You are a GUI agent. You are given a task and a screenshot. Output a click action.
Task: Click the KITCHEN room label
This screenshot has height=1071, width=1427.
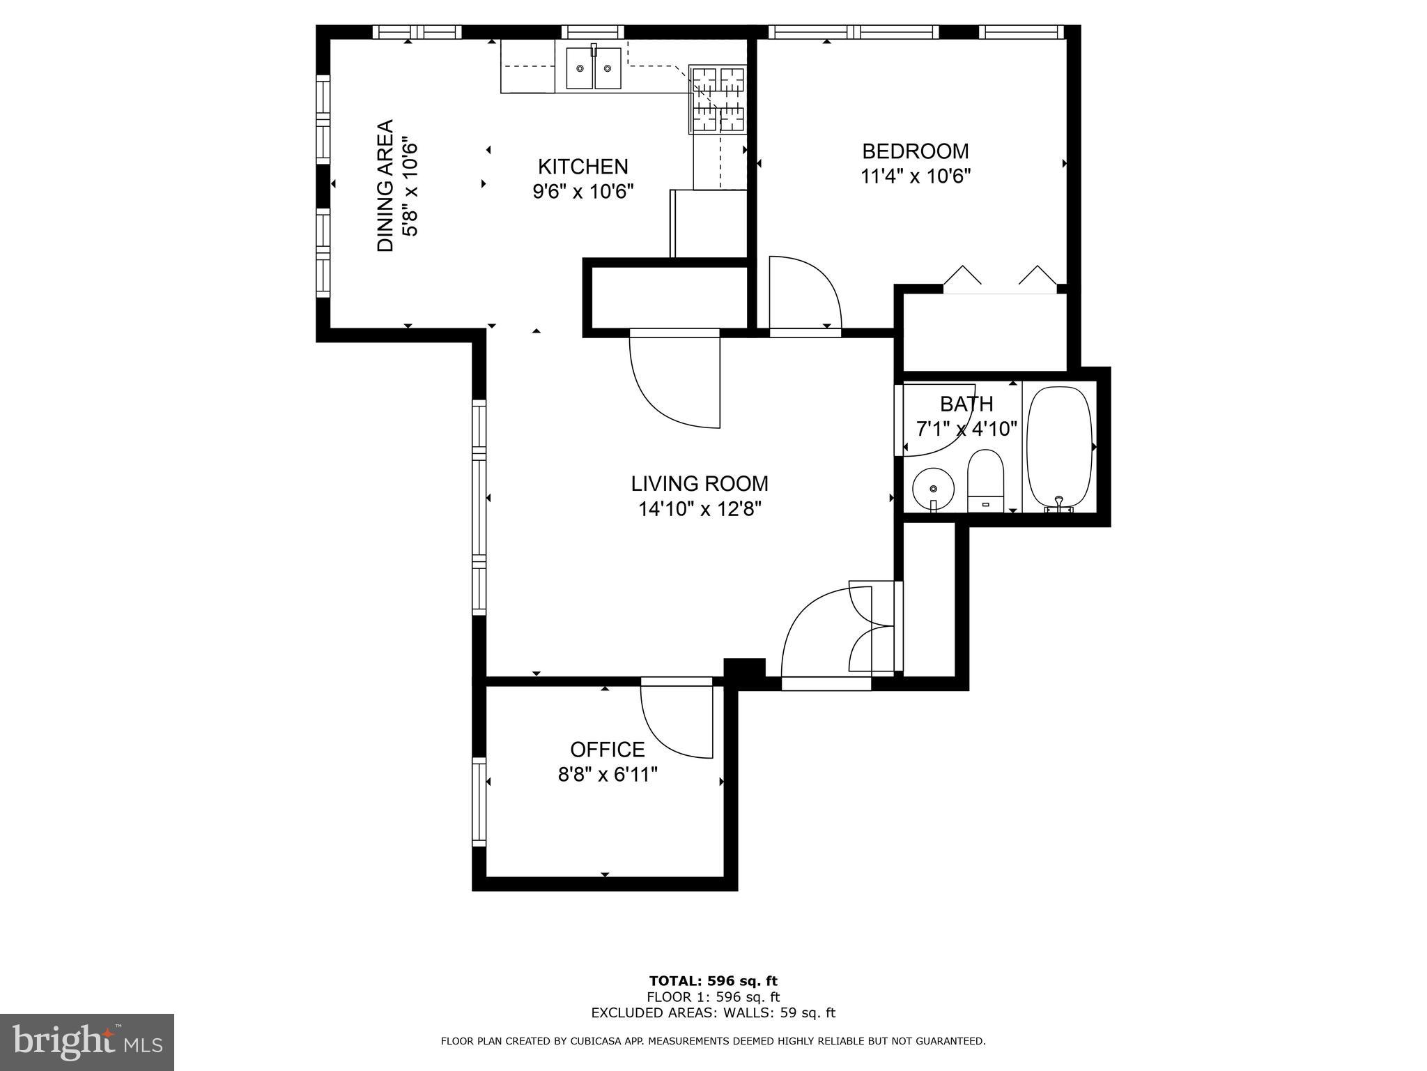pyautogui.click(x=583, y=167)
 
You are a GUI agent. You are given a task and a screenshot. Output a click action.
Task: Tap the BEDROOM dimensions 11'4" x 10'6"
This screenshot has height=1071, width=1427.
pyautogui.click(x=916, y=176)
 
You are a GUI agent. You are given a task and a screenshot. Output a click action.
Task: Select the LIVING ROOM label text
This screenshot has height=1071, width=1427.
pyautogui.click(x=700, y=483)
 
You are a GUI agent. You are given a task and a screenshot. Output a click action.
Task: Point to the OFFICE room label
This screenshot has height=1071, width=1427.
pyautogui.click(x=607, y=750)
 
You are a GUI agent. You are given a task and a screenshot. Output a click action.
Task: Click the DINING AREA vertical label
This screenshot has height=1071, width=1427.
pyautogui.click(x=385, y=185)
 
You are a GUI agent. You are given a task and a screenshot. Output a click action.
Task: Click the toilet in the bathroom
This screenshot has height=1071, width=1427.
pyautogui.click(x=985, y=480)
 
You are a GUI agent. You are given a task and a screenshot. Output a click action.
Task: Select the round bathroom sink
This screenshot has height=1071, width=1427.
pyautogui.click(x=933, y=488)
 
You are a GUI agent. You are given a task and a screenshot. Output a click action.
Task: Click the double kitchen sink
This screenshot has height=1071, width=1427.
pyautogui.click(x=593, y=68)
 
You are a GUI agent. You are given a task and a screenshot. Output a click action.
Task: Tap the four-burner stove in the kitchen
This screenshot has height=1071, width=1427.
pyautogui.click(x=717, y=99)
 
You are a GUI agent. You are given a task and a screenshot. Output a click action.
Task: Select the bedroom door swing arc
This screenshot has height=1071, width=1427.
pyautogui.click(x=805, y=293)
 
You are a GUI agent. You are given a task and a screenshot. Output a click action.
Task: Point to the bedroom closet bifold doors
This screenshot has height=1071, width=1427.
pyautogui.click(x=1000, y=278)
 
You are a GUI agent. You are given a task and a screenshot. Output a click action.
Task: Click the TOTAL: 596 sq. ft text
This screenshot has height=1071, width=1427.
pyautogui.click(x=713, y=982)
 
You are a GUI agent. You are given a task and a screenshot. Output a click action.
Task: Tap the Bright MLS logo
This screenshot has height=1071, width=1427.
pyautogui.click(x=86, y=1042)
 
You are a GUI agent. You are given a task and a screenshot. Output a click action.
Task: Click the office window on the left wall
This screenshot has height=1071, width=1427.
pyautogui.click(x=479, y=802)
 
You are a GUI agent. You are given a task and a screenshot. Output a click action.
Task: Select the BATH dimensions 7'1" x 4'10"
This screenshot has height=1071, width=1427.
pyautogui.click(x=966, y=428)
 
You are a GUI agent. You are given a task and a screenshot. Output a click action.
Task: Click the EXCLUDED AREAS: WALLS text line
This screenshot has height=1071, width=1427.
pyautogui.click(x=713, y=1013)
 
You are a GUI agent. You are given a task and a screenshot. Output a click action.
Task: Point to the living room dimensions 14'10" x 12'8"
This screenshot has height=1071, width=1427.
pyautogui.click(x=700, y=509)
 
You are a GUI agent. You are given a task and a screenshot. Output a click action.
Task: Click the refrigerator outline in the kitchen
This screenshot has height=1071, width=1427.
pyautogui.click(x=708, y=224)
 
